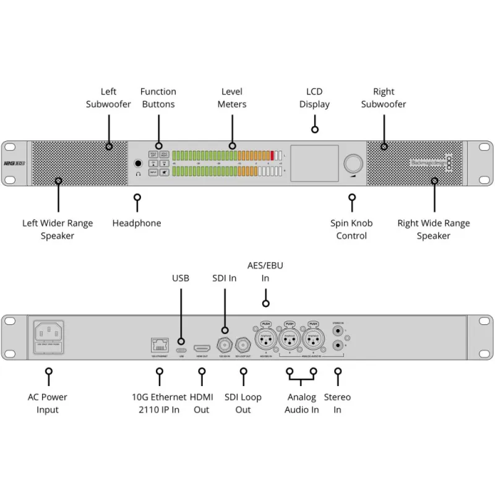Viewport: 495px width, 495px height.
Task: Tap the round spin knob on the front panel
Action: tap(353, 163)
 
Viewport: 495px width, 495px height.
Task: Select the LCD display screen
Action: tap(314, 163)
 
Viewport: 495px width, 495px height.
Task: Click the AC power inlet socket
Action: tap(49, 334)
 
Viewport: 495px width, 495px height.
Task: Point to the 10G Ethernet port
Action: tap(159, 345)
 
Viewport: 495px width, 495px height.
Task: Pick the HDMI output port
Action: tap(202, 348)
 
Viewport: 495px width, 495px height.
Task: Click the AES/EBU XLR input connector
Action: tap(266, 339)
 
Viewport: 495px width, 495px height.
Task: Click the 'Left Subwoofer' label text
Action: tap(108, 98)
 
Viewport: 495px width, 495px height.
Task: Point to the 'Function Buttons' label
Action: tap(158, 98)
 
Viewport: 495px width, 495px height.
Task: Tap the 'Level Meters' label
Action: tap(232, 98)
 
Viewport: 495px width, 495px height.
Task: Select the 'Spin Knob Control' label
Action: tap(351, 229)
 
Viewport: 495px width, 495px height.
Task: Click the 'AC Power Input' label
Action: tap(48, 403)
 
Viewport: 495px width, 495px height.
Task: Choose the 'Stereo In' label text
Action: tap(337, 403)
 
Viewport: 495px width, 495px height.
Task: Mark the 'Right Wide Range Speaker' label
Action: tap(434, 229)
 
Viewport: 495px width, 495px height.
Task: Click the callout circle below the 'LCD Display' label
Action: tap(315, 129)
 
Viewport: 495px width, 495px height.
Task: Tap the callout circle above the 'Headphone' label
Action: tap(137, 198)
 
